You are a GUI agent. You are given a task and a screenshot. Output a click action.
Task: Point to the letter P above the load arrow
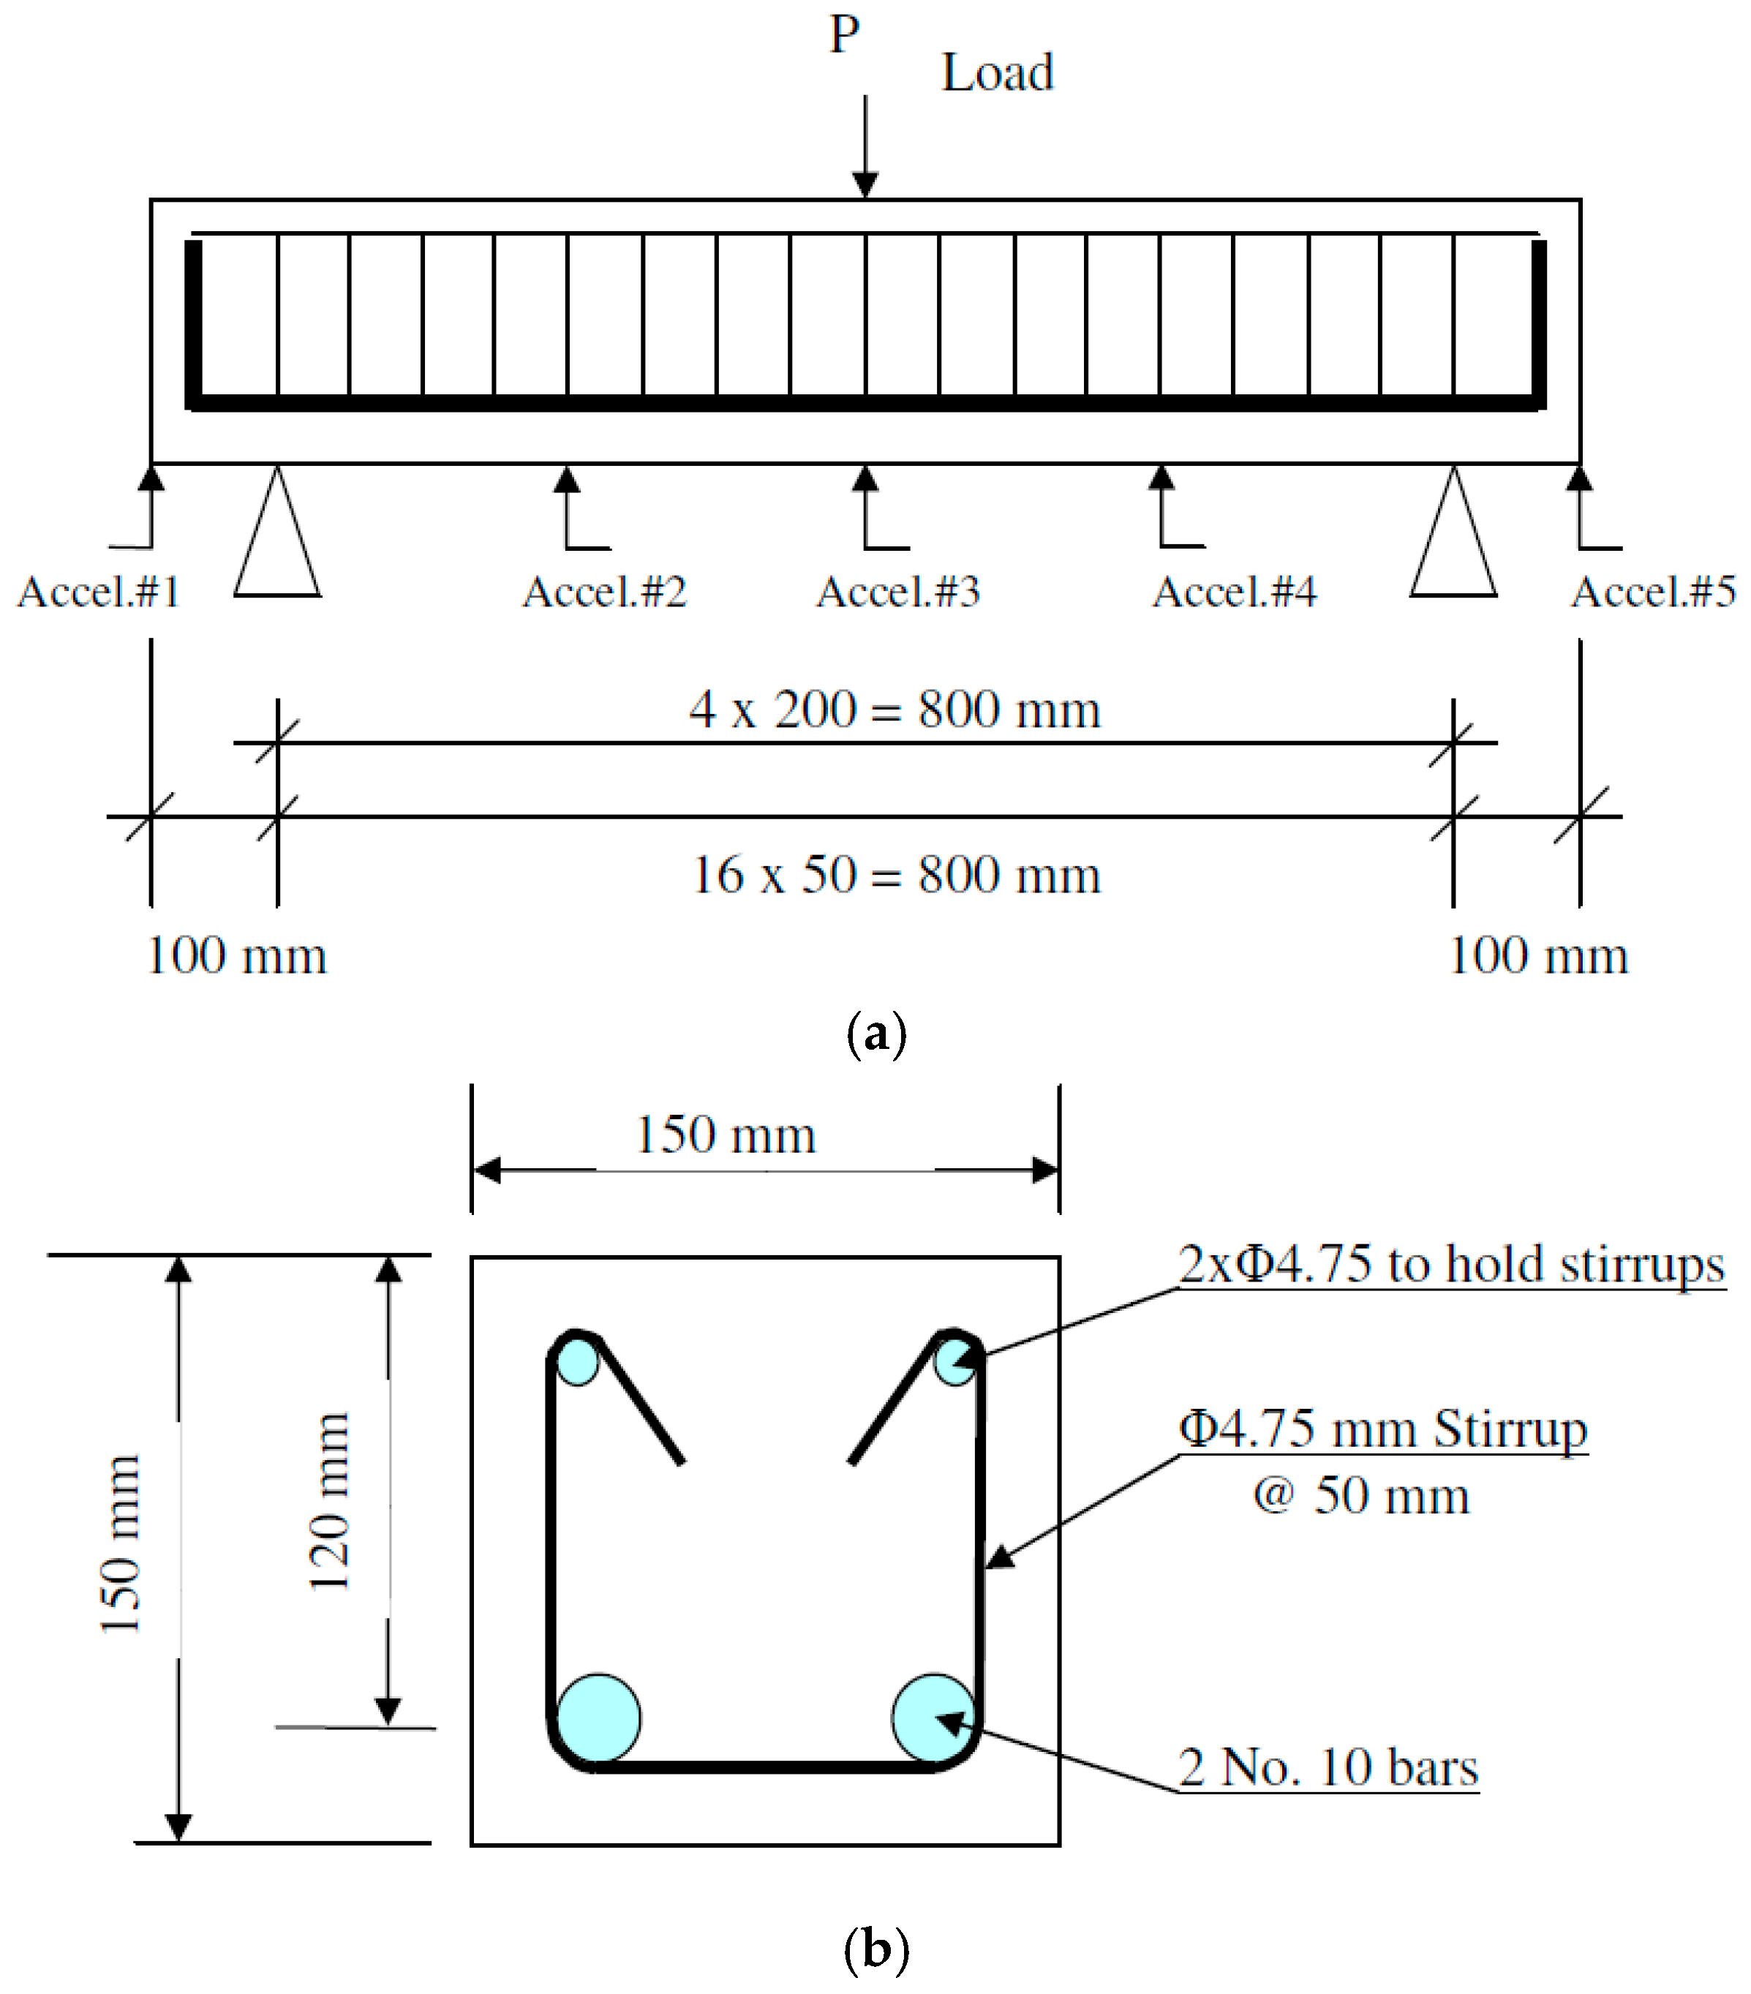tap(845, 35)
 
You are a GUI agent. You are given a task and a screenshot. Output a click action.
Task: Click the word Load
tap(997, 73)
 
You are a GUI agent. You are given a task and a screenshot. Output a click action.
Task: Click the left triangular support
tap(277, 546)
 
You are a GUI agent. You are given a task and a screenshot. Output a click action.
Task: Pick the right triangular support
tap(1453, 546)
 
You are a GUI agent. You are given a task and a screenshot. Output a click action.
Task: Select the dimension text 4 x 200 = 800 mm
tap(895, 710)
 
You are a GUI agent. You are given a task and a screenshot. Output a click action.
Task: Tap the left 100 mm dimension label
tap(236, 956)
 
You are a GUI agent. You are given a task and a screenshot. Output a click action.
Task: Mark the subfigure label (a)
tap(876, 1033)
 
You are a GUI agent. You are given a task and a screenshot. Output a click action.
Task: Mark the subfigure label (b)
tap(876, 1949)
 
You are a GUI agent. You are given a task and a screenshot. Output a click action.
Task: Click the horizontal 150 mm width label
tap(725, 1135)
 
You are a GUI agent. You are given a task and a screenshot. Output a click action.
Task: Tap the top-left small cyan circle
tap(578, 1361)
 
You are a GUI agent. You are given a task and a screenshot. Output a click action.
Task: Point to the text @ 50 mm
tap(1361, 1495)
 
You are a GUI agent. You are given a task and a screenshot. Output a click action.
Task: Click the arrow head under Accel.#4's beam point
tap(1160, 477)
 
